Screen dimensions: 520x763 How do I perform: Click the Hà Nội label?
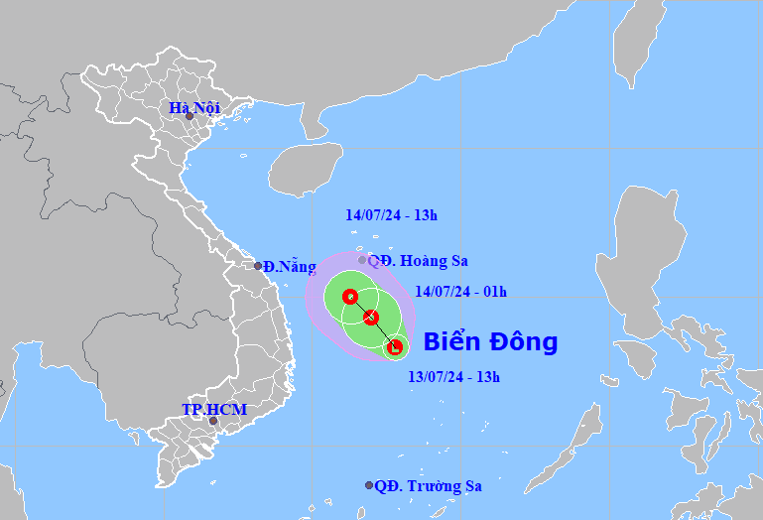193,107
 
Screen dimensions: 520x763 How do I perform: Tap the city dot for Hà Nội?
190,116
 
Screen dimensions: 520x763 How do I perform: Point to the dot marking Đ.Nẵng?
258,266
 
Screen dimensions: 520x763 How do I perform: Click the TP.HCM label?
214,409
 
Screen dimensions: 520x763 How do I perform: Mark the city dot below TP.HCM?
211,421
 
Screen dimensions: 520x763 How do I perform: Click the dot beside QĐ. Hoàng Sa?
362,260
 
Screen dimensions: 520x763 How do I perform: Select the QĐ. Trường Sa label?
429,486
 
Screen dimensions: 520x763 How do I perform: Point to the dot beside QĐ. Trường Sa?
369,486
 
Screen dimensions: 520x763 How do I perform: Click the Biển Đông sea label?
490,342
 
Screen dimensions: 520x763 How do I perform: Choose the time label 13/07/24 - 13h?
454,376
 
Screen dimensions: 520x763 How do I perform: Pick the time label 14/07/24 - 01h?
460,291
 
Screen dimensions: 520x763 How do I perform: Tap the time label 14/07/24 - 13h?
392,213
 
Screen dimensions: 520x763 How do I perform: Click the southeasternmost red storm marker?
395,347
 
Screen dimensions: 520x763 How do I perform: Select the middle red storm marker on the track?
371,318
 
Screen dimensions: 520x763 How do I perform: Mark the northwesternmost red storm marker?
349,297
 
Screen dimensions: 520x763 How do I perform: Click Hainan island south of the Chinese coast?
303,170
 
